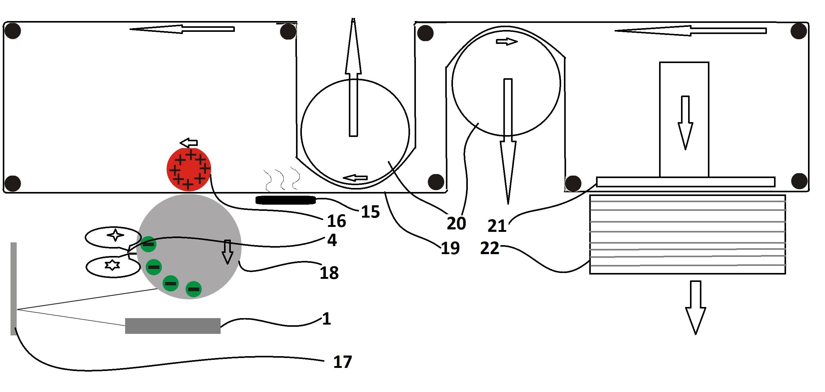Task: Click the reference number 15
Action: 370,212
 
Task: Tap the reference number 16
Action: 336,221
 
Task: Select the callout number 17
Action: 342,362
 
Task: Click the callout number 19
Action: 450,248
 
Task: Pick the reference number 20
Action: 456,224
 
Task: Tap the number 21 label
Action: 497,226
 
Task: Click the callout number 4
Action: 332,240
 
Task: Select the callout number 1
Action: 326,319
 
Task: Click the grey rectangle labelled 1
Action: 173,326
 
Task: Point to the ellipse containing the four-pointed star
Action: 113,237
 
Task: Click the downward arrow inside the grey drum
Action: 227,252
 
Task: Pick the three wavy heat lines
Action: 282,178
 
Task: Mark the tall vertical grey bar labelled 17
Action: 14,288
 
